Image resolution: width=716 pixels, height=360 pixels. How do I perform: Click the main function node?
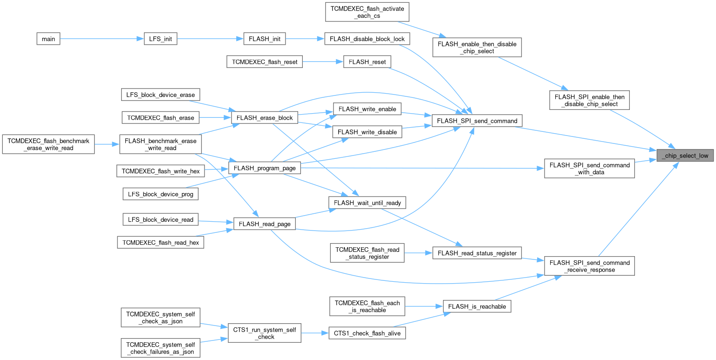[48, 39]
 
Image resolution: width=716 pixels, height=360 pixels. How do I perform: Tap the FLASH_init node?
[264, 39]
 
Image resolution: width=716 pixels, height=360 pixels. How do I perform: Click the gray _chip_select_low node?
[685, 156]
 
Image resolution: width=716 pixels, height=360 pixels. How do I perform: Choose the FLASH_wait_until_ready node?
[368, 203]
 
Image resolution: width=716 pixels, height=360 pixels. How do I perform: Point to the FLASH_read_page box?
[264, 224]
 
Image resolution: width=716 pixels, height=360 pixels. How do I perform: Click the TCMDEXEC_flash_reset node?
[265, 61]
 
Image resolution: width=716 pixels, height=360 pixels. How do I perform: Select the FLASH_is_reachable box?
[477, 306]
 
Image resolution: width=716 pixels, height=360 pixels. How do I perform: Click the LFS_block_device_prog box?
[161, 193]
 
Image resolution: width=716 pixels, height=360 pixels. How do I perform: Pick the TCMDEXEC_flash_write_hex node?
[161, 171]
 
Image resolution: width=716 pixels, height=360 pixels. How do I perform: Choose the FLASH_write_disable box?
[367, 132]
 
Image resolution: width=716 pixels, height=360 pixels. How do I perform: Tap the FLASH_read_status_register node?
[477, 253]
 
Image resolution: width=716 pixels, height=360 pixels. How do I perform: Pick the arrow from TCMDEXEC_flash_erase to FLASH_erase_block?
[215, 118]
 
